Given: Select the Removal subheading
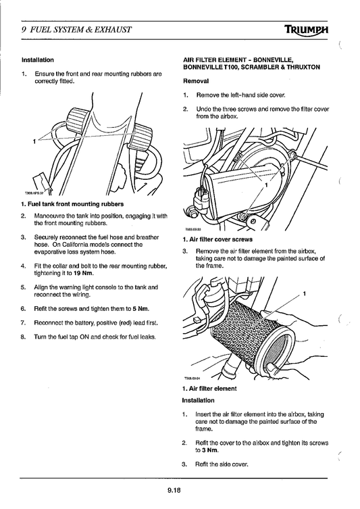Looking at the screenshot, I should (196, 80).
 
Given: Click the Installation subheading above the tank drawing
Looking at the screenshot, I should (38, 59).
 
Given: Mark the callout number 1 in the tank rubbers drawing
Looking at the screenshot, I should (33, 141).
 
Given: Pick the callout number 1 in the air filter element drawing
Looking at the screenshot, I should (305, 293).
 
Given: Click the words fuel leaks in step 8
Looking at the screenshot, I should (142, 337).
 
